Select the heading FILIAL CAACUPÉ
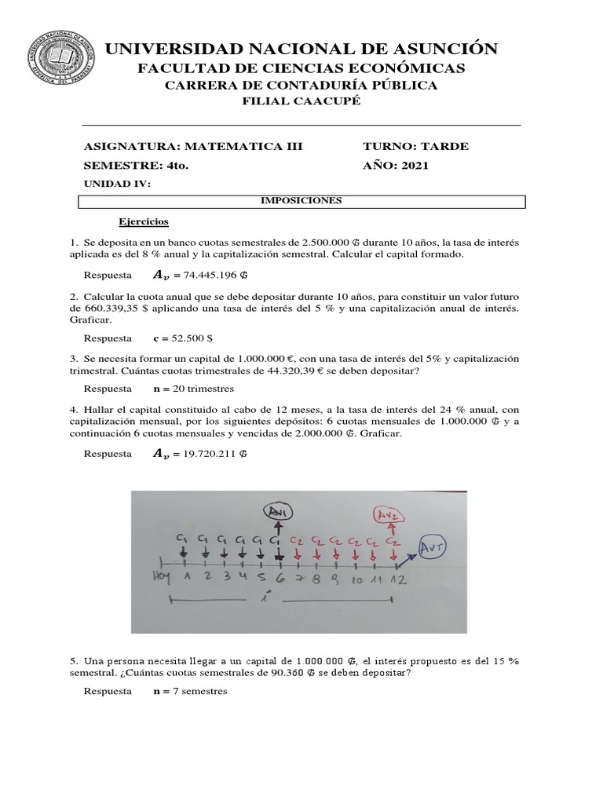(x=301, y=103)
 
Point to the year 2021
(x=412, y=166)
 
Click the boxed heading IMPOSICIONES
(x=301, y=201)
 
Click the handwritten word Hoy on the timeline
(x=162, y=579)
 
